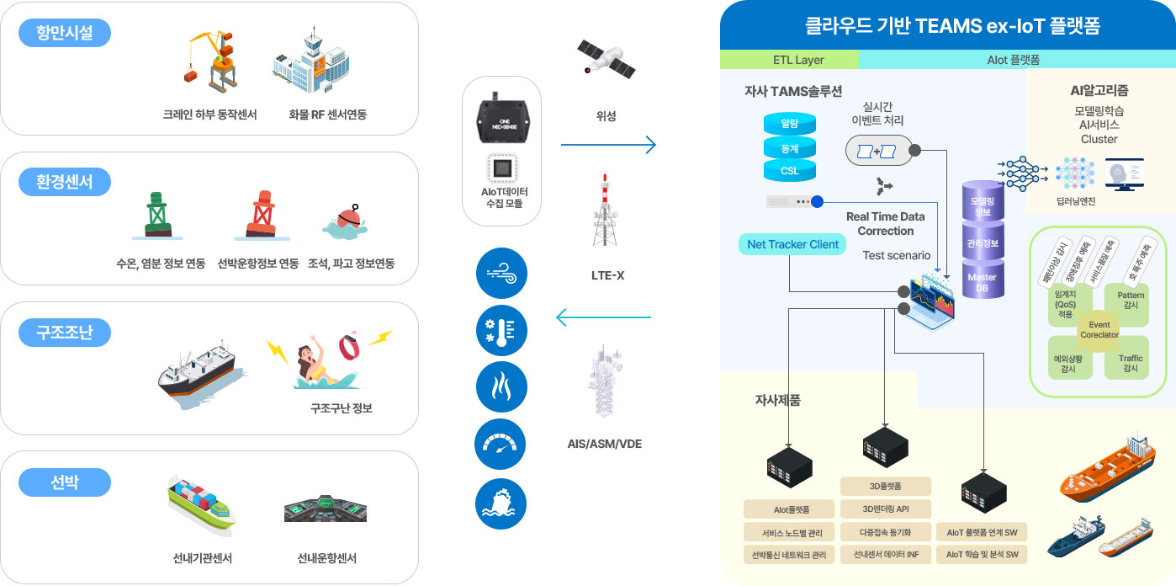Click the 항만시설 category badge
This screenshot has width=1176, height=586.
point(64,33)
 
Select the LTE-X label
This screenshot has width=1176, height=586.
point(607,275)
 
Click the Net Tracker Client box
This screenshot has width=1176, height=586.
point(792,244)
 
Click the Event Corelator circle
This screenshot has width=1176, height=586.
point(1099,330)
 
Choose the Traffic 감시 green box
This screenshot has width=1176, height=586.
point(1130,363)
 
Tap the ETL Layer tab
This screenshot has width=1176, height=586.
point(789,60)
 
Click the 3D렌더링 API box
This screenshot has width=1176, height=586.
point(886,509)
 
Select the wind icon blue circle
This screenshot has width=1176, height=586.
point(501,274)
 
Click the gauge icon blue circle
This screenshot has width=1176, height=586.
point(501,445)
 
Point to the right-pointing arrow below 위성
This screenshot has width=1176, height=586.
point(607,146)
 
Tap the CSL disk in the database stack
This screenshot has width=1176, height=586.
point(790,171)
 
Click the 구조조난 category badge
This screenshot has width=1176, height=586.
point(64,333)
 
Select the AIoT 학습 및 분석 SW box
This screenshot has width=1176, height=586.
point(982,554)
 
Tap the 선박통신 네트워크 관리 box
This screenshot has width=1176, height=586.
point(788,555)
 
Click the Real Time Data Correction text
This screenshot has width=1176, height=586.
point(885,223)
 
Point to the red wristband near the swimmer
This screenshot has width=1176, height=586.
point(351,346)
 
